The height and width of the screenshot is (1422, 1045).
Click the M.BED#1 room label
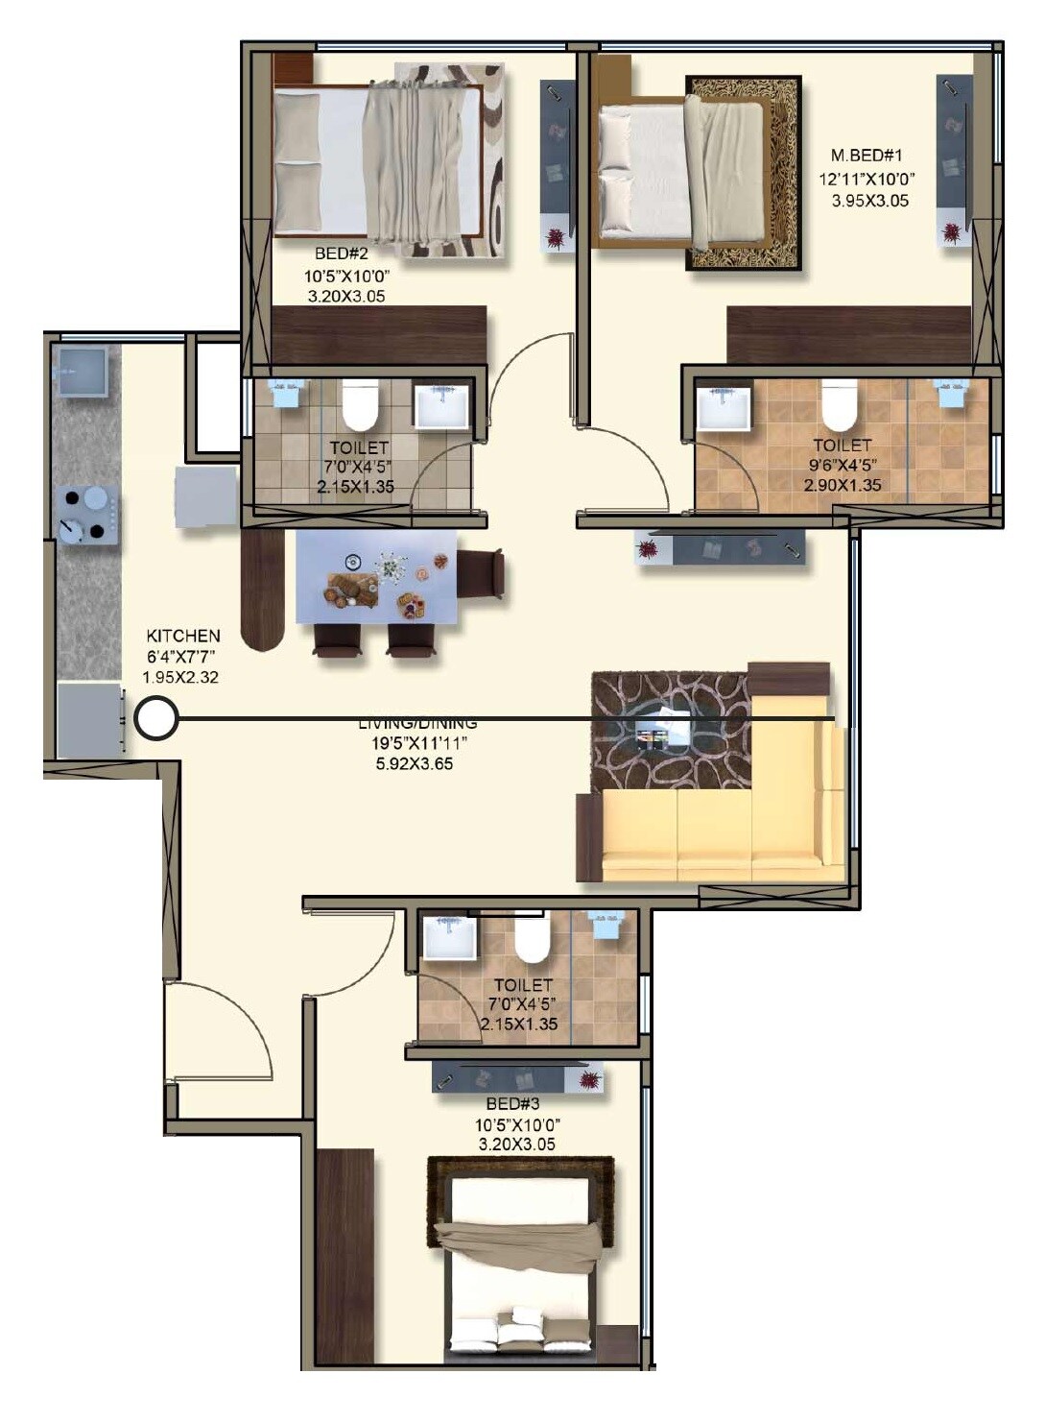(867, 155)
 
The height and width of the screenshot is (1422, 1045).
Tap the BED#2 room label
(341, 253)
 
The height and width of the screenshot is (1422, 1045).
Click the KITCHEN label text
(182, 636)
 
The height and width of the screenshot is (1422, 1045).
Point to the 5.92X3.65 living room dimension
(415, 764)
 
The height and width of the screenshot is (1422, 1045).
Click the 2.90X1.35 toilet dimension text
(842, 485)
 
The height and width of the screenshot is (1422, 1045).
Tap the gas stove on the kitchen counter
(86, 516)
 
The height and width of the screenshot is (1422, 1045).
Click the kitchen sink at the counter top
(82, 371)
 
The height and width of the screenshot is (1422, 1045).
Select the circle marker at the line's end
(155, 718)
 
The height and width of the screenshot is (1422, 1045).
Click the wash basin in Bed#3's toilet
(449, 937)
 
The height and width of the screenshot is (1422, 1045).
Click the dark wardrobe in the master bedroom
(848, 334)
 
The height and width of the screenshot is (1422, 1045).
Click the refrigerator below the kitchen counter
(88, 720)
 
